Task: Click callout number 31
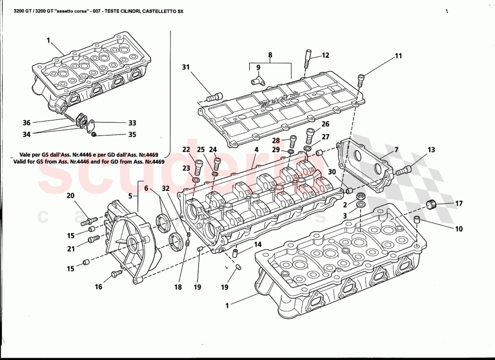pos(185,67)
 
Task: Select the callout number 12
pos(325,55)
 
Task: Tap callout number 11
pos(398,56)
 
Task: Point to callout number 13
pos(431,150)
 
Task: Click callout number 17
pos(459,203)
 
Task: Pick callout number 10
pos(459,229)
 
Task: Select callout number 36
pos(27,122)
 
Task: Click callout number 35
pos(132,134)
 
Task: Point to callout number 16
pos(99,287)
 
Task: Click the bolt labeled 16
pos(116,273)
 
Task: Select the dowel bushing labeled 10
pos(417,220)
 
